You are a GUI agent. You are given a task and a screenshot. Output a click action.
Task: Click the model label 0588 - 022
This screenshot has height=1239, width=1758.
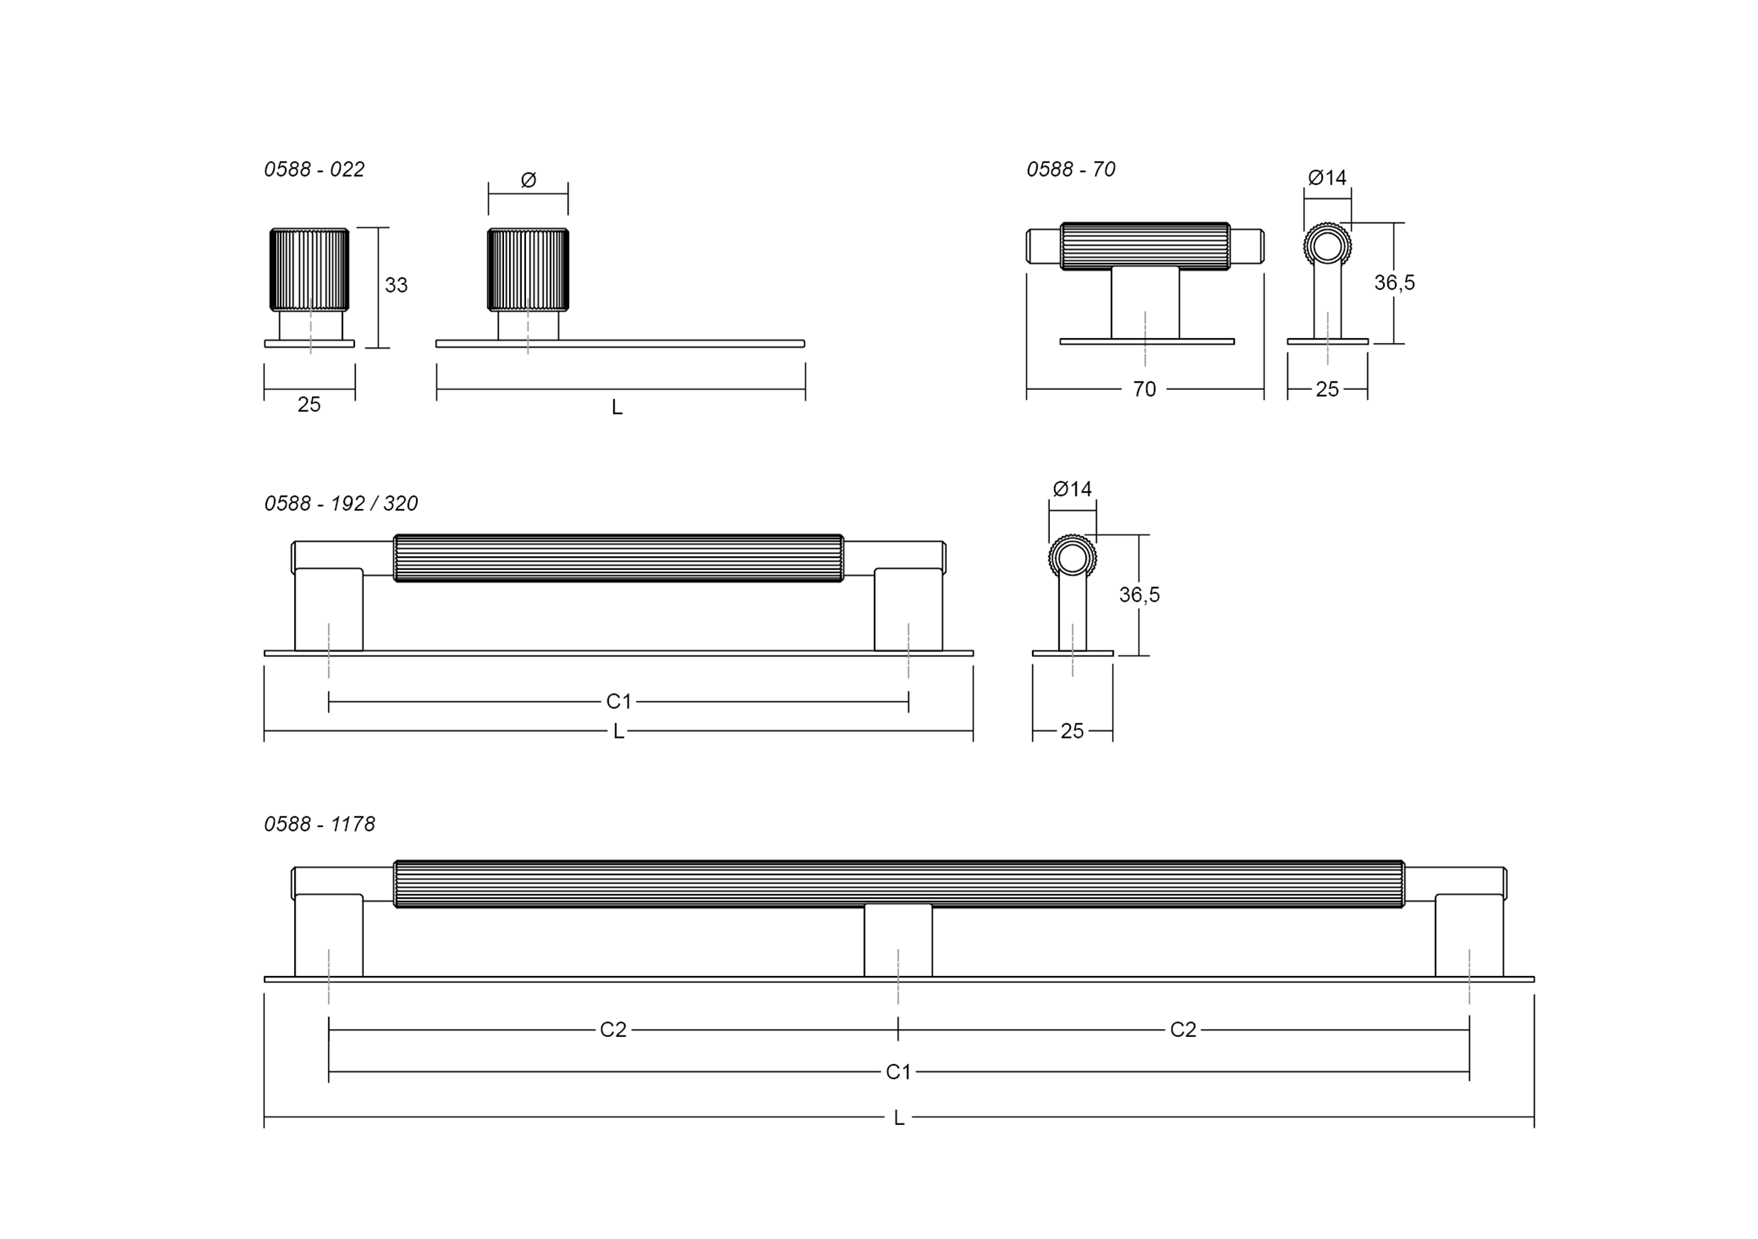pos(314,169)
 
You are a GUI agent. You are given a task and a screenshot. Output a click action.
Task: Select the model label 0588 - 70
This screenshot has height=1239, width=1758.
pos(1070,169)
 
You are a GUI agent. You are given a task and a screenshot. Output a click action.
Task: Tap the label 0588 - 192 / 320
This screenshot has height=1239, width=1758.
pos(341,503)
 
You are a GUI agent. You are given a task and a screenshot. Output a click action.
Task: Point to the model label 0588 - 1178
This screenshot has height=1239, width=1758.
pos(319,824)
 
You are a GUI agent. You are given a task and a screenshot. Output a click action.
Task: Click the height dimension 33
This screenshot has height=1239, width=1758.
pos(396,285)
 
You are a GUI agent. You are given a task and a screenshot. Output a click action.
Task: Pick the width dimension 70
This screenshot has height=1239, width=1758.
pos(1144,390)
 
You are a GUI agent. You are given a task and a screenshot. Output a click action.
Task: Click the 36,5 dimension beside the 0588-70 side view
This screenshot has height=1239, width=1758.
pos(1394,283)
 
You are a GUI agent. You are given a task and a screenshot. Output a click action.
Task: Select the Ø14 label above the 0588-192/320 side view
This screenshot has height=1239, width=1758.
pos(1072,488)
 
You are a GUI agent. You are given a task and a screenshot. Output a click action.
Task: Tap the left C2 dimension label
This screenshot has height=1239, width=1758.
pos(612,1030)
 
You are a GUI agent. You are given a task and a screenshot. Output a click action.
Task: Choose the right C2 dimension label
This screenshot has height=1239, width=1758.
pos(1182,1030)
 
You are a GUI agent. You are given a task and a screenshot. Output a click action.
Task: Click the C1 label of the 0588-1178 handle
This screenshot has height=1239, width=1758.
pos(898,1072)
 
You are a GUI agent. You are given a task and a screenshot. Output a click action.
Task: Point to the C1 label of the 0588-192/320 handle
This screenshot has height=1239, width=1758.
pos(619,702)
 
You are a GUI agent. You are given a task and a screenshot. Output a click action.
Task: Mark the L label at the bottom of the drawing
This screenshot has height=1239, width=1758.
pos(899,1118)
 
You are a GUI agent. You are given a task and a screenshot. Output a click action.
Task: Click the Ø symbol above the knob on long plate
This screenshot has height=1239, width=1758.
pos(528,180)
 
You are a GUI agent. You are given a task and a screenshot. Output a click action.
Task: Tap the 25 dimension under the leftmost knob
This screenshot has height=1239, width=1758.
pos(308,404)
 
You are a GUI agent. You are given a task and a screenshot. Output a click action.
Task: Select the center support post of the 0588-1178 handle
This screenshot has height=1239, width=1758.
pos(898,941)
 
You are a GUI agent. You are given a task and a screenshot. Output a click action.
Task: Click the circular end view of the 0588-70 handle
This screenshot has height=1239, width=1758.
pos(1327,247)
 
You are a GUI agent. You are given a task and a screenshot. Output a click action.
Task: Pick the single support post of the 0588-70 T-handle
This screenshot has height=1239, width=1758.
pos(1145,303)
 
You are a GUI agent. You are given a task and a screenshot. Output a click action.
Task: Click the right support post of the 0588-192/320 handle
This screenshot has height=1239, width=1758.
pos(908,610)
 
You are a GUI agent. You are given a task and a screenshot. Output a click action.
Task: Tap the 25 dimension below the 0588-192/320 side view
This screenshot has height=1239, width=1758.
pos(1072,731)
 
